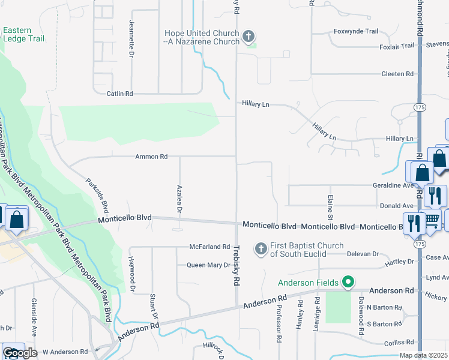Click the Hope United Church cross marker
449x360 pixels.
(x=247, y=38)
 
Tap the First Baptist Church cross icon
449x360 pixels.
(x=261, y=248)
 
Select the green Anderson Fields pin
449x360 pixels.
(x=347, y=282)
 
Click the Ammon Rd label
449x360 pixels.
(x=151, y=157)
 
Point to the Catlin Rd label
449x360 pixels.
(x=119, y=94)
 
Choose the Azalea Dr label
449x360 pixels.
(x=179, y=200)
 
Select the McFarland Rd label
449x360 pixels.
(x=209, y=247)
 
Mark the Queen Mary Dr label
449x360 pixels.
(x=208, y=265)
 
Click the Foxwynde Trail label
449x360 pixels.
(x=356, y=31)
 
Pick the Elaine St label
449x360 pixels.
(x=330, y=203)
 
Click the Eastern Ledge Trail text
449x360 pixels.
(x=24, y=35)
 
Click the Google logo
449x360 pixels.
(x=20, y=353)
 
